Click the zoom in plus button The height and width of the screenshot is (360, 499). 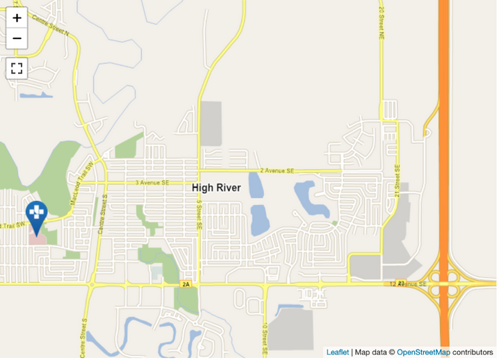coord(17,18)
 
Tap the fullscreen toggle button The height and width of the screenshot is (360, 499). coord(17,68)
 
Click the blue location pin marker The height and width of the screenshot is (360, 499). coord(36,213)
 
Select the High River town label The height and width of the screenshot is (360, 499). coord(216,188)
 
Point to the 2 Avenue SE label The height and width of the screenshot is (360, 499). coord(277,170)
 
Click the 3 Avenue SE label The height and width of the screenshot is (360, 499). coord(152,183)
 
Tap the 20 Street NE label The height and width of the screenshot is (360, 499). coord(382,22)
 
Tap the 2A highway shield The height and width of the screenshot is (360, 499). coord(185,284)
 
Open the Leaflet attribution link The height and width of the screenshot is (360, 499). coord(338,352)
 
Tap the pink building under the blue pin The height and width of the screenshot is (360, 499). coord(38,237)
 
